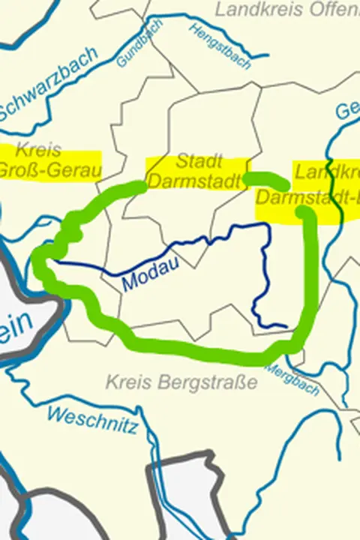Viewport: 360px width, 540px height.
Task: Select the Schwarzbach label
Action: [49, 83]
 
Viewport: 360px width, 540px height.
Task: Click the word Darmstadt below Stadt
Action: [194, 181]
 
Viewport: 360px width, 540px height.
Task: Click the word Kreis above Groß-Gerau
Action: [37, 149]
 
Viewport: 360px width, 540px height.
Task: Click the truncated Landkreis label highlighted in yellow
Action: [327, 172]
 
